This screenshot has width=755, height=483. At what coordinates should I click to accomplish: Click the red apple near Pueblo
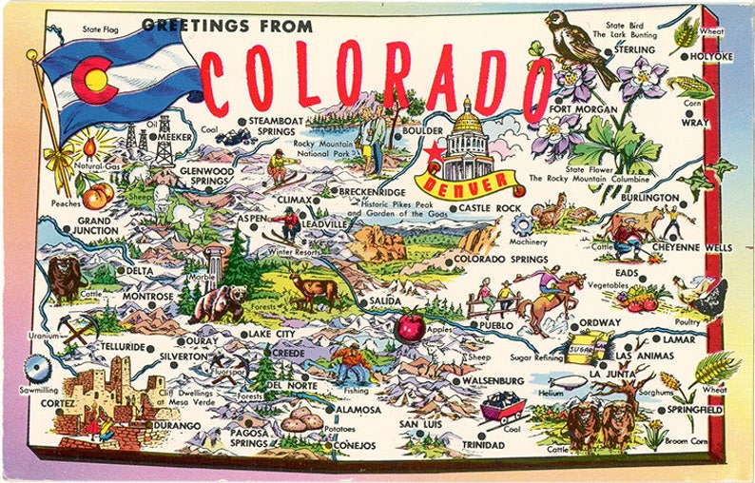point(410,327)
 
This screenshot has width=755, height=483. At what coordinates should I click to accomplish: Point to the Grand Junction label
point(97,225)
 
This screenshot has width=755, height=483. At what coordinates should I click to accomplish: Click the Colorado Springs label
point(500,259)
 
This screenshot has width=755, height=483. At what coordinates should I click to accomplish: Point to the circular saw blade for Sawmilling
point(38,367)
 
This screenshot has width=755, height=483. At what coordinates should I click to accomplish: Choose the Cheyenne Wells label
point(692,247)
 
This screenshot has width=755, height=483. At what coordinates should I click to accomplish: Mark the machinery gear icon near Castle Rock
point(521,225)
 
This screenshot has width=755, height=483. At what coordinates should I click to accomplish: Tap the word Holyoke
point(711,57)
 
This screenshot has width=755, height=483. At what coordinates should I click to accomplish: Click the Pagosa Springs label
point(249,436)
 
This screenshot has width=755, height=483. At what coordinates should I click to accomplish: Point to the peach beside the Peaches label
point(96,195)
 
